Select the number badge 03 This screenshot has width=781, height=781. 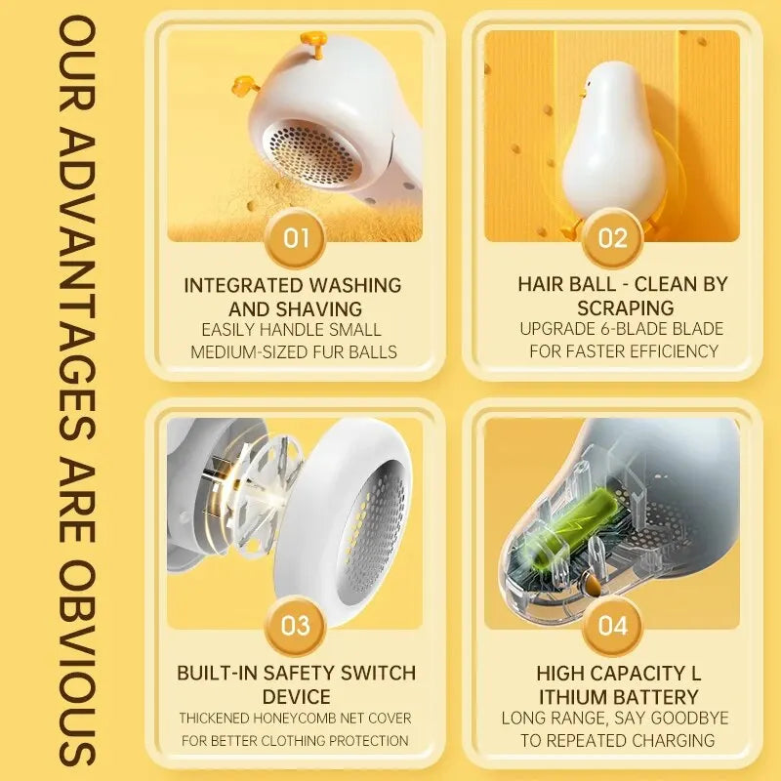click(x=295, y=626)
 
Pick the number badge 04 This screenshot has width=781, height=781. click(x=612, y=626)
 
